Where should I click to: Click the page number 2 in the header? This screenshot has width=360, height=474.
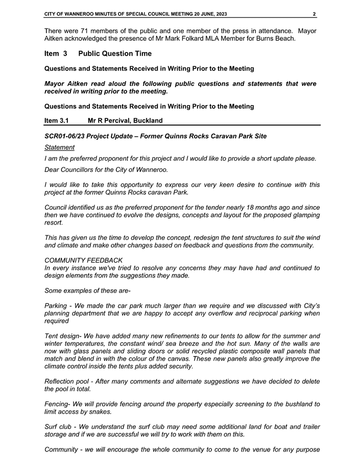pos(315,14)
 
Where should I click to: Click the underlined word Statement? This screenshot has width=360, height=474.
pos(59,147)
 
